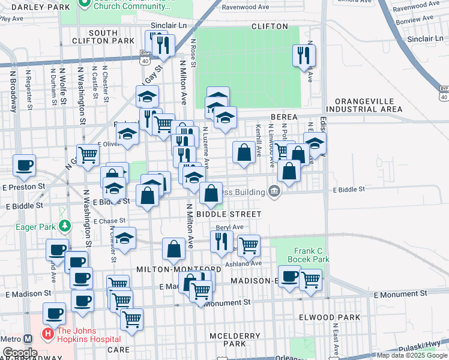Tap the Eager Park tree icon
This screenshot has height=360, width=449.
point(62,226)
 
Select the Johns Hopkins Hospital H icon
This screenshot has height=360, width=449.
point(46,332)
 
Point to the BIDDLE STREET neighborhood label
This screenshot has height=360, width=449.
point(229,214)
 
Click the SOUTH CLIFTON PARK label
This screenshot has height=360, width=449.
point(111,36)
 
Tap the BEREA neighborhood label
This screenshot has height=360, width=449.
point(284,117)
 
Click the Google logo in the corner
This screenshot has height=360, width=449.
point(20,353)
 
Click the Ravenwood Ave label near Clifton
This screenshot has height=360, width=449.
point(245,8)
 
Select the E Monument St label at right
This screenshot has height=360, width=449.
point(400,294)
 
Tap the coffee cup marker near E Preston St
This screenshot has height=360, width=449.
point(24,165)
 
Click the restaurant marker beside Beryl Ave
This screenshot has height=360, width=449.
point(221,241)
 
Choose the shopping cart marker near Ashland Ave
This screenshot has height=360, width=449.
point(249,244)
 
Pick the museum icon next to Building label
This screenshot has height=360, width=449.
point(275,192)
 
